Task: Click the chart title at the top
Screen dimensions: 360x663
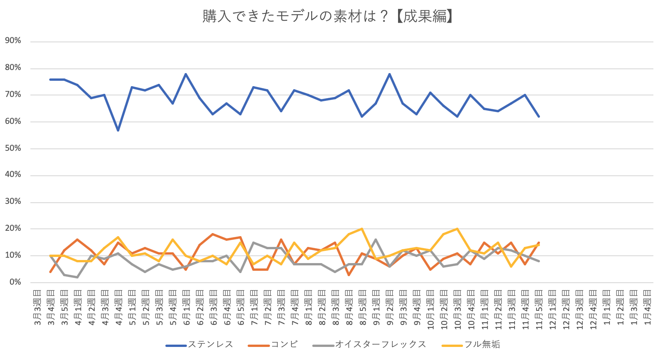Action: pos(328,17)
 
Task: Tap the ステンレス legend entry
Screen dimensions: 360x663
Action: pos(210,345)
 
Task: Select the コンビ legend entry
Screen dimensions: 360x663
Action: pos(284,345)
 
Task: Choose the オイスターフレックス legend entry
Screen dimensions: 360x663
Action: pos(380,345)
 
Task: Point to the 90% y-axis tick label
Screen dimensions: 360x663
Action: pos(13,41)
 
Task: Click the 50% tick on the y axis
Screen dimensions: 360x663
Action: pos(13,148)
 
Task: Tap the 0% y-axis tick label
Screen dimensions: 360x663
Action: pos(15,282)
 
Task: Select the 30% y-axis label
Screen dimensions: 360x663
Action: pos(13,202)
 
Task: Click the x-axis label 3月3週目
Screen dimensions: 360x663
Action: pos(37,307)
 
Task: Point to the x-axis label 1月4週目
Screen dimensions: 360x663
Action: pos(648,307)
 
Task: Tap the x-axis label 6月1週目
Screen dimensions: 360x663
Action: pos(187,307)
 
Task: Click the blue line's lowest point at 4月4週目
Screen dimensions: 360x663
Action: pos(118,130)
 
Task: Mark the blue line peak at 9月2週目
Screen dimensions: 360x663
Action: pos(390,74)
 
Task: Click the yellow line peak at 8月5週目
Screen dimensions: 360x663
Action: pos(362,229)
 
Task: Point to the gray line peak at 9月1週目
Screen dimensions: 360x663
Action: pos(376,240)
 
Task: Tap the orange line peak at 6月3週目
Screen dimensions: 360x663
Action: pos(213,234)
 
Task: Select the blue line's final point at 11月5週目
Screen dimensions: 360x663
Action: pos(539,117)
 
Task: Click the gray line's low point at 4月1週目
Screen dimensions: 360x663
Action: pos(77,277)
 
